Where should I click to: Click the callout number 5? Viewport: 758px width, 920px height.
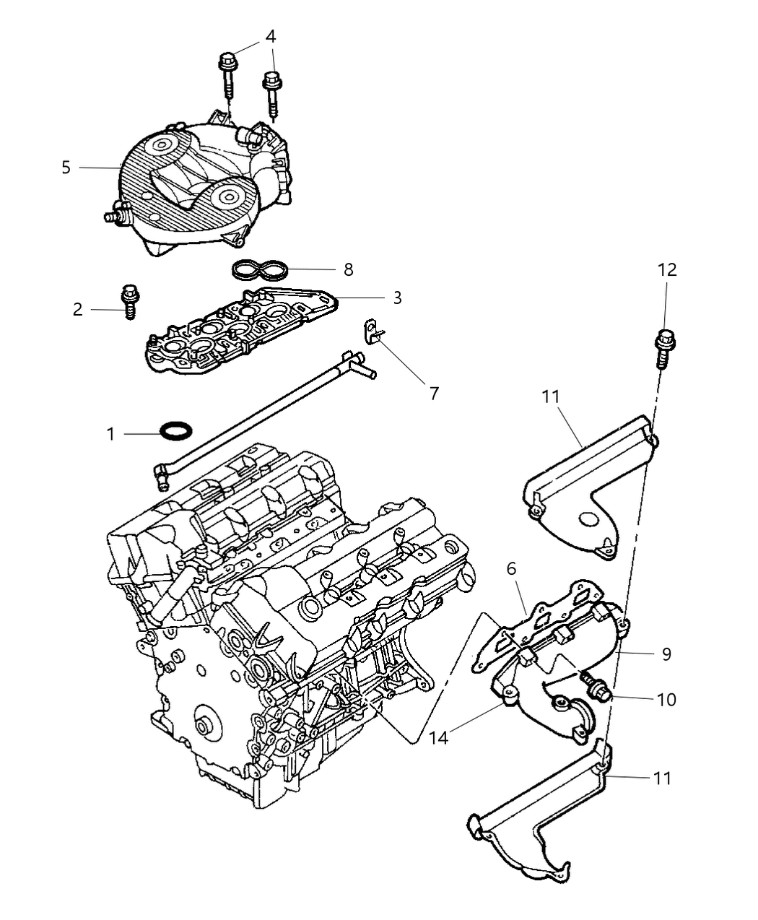pyautogui.click(x=66, y=168)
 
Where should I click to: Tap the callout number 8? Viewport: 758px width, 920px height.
pyautogui.click(x=349, y=269)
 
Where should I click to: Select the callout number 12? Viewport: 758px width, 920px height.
pyautogui.click(x=667, y=269)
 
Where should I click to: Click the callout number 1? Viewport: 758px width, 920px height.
pyautogui.click(x=110, y=434)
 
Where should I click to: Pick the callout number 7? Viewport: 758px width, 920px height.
pyautogui.click(x=435, y=394)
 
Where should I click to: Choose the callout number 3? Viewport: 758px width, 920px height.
pyautogui.click(x=397, y=298)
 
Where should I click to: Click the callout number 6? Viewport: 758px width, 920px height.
pyautogui.click(x=511, y=569)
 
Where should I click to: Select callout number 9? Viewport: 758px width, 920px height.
pyautogui.click(x=666, y=654)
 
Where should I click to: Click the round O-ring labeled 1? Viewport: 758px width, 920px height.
pyautogui.click(x=176, y=431)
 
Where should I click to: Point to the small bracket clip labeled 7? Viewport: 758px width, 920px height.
pyautogui.click(x=373, y=332)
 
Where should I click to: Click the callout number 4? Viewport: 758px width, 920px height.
pyautogui.click(x=271, y=37)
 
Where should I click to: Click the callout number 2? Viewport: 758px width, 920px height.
pyautogui.click(x=77, y=310)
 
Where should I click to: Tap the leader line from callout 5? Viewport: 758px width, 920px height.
pyautogui.click(x=100, y=168)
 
